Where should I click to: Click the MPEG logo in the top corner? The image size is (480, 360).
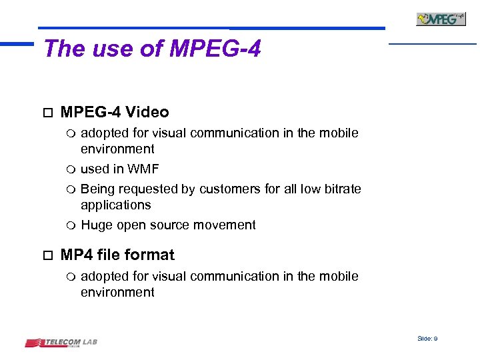click(x=441, y=19)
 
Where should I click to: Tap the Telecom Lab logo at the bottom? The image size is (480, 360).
click(x=61, y=343)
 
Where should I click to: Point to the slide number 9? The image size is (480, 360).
click(x=435, y=339)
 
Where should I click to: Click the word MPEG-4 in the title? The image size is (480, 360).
click(x=215, y=48)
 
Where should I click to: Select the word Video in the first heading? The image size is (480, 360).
click(x=147, y=112)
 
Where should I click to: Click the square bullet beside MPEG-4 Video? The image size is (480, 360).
click(x=46, y=112)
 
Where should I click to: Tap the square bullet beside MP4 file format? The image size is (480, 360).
click(x=46, y=255)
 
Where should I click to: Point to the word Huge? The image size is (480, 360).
click(x=97, y=225)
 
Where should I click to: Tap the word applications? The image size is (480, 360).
click(x=116, y=205)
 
